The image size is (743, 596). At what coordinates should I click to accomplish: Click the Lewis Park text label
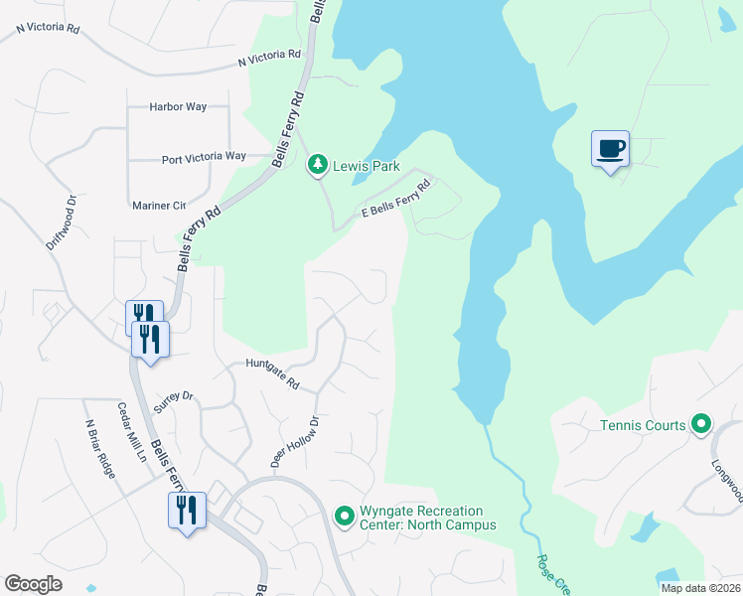366,166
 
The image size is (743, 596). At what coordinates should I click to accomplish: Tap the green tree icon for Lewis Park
317,165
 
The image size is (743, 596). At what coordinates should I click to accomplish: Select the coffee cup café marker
610,149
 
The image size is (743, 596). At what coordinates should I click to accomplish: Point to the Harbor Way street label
178,106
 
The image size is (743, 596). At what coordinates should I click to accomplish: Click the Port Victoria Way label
204,157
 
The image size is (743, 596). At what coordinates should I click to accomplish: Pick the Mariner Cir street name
159,206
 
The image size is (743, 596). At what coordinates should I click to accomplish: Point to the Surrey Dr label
174,402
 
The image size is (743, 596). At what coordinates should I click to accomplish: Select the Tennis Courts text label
643,425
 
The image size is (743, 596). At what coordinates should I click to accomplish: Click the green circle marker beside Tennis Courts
701,425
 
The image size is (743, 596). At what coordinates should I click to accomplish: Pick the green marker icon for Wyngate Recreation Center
345,516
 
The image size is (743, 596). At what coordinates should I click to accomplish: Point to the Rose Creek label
551,574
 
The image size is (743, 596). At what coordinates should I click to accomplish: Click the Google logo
34,584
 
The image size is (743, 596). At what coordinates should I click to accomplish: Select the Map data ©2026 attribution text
699,588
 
